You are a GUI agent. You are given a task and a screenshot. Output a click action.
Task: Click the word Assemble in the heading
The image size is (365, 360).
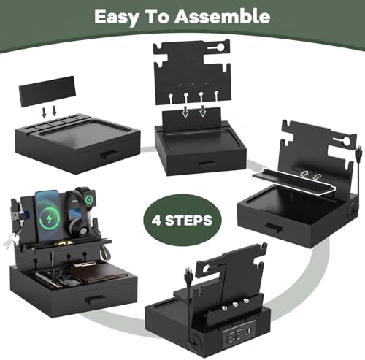[223, 17]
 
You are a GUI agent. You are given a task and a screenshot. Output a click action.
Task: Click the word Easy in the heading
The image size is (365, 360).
[116, 18]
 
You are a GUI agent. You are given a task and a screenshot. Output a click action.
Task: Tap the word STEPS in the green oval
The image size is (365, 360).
[189, 221]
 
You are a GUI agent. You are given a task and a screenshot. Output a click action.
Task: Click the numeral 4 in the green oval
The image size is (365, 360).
[156, 221]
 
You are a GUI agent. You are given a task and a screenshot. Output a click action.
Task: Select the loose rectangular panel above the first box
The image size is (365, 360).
[47, 91]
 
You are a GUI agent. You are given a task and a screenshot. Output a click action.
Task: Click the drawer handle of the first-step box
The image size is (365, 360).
[109, 154]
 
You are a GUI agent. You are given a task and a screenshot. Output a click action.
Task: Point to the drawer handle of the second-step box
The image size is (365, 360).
[207, 164]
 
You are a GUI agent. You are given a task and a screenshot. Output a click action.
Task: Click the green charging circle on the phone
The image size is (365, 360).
[50, 218]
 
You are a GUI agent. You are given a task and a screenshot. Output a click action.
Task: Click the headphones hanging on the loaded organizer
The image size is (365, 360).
[78, 214]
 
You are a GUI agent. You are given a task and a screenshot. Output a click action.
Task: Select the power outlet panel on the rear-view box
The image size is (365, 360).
[239, 330]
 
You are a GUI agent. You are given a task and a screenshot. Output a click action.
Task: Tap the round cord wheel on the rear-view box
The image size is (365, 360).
[195, 341]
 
